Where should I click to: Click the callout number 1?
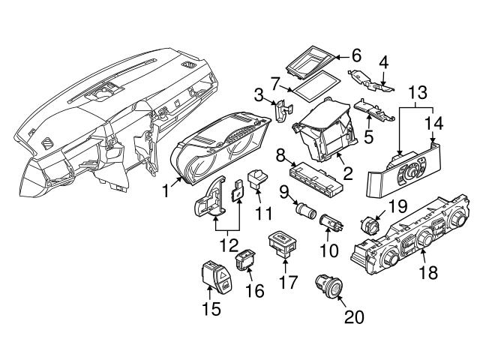(x=165, y=191)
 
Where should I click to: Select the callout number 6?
(x=356, y=55)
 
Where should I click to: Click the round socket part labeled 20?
(x=328, y=286)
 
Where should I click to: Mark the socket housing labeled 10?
(x=330, y=223)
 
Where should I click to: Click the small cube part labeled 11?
(x=258, y=177)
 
